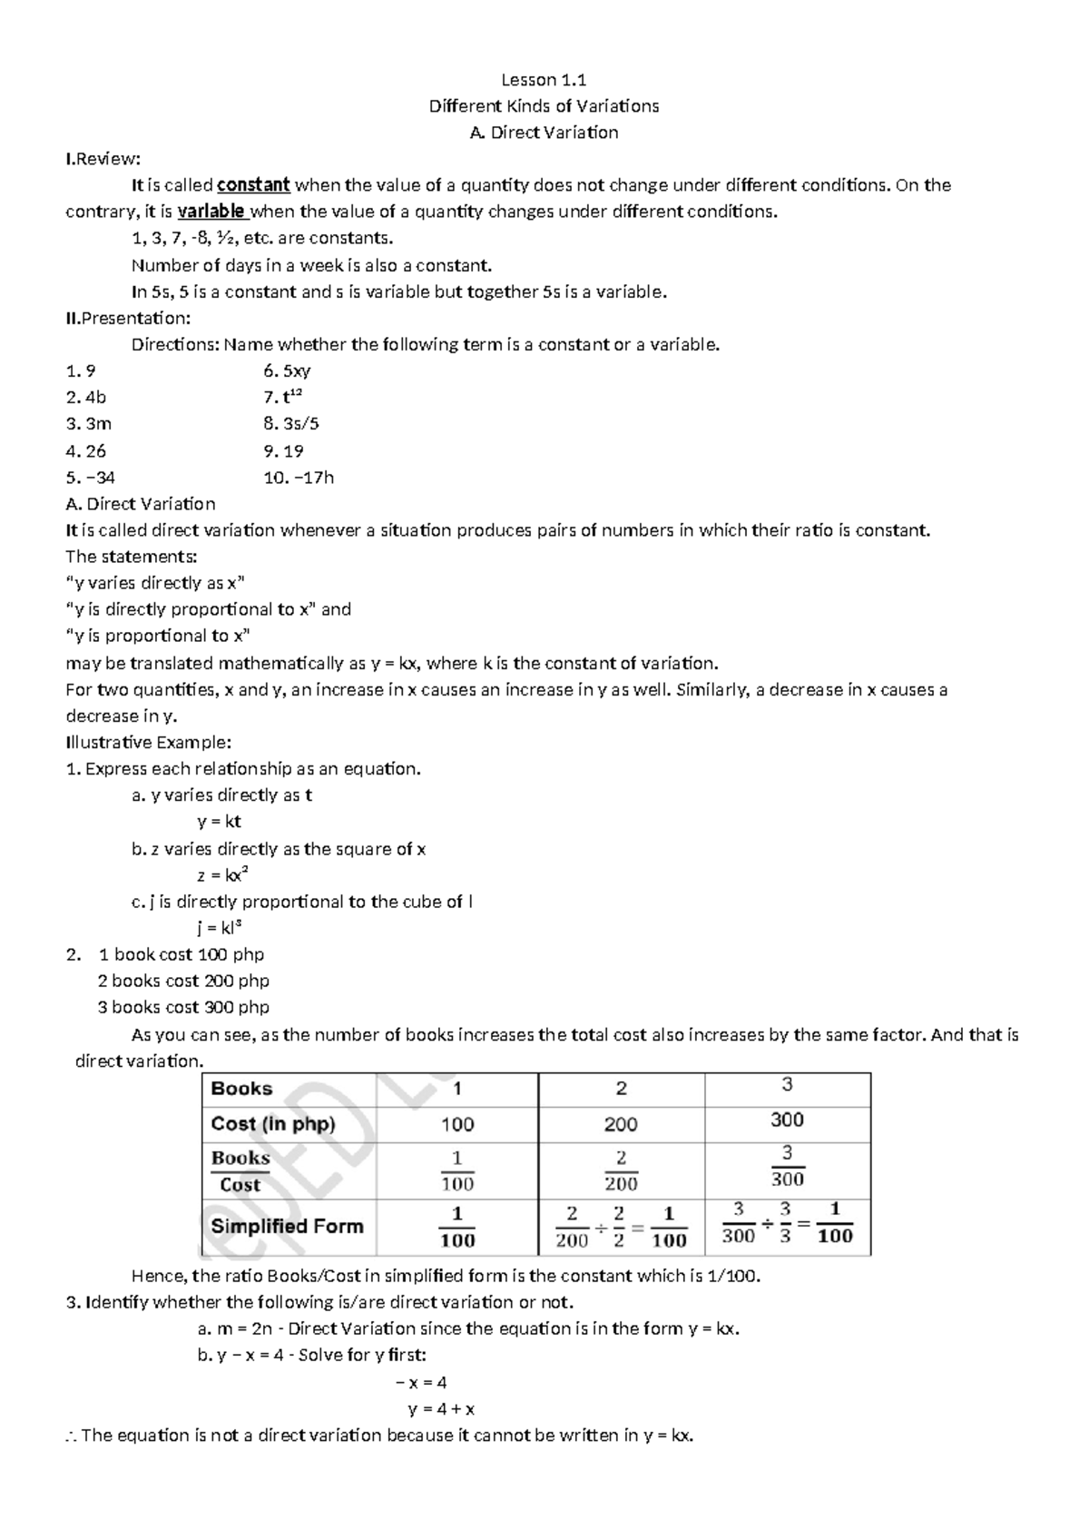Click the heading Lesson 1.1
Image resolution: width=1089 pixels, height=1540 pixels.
[x=544, y=80]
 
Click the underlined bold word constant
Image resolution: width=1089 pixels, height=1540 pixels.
[x=253, y=185]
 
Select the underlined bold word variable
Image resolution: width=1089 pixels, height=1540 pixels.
[x=211, y=212]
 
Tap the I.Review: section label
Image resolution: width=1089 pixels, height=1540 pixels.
[x=103, y=160]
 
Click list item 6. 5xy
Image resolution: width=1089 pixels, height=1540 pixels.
[x=287, y=370]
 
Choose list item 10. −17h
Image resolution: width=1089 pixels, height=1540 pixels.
[x=299, y=478]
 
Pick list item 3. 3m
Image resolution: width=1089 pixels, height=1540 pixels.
[x=89, y=424]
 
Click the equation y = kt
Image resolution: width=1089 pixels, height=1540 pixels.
[x=219, y=822]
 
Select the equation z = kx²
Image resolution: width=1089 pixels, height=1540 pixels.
[x=222, y=875]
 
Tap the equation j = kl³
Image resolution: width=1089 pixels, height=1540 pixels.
[x=219, y=928]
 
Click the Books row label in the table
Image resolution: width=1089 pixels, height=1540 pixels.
[x=241, y=1089]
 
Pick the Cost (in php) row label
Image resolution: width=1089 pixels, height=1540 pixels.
[x=272, y=1124]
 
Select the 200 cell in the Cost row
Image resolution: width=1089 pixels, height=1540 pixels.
[x=621, y=1125]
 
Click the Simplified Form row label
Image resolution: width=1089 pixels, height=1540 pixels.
[x=287, y=1226]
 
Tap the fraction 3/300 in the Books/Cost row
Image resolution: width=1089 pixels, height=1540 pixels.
[x=787, y=1167]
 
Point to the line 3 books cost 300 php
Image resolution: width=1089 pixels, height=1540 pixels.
[x=183, y=1007]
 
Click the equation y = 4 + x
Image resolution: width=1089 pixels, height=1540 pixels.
[x=441, y=1410]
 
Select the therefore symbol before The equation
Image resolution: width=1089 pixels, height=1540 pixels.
[x=72, y=1436]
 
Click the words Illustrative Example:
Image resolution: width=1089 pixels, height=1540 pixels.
[x=149, y=743]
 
